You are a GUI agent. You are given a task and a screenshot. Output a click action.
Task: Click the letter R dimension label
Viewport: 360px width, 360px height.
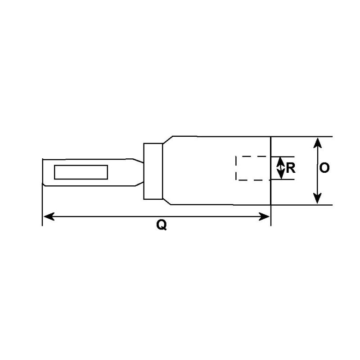[291, 168]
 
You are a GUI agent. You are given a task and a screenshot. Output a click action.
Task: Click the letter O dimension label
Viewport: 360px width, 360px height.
[324, 168]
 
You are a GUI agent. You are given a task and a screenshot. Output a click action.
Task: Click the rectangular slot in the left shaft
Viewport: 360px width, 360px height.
[81, 172]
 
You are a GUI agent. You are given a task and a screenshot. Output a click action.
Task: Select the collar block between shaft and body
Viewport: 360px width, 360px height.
[153, 171]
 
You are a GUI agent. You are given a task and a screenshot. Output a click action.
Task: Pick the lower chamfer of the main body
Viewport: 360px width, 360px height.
[167, 201]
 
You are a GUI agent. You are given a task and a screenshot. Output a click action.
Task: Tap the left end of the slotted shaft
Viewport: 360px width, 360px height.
[42, 171]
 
